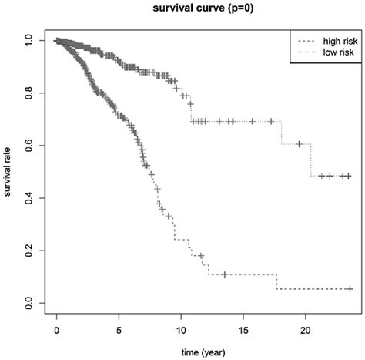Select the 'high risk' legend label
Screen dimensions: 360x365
[x=326, y=38]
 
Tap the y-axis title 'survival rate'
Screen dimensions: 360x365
[x=9, y=173]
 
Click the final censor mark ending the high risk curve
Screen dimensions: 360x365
[x=350, y=289]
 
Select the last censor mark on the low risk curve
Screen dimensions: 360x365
[x=349, y=176]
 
